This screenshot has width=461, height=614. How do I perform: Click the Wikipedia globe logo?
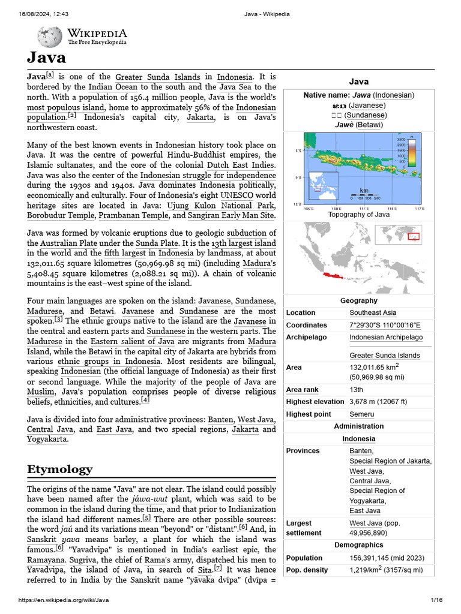[49, 37]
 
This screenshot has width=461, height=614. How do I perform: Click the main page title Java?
[46, 58]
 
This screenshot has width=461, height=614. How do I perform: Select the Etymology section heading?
[59, 469]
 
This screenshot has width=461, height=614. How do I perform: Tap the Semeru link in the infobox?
[361, 414]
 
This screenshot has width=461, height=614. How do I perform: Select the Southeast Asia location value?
[373, 312]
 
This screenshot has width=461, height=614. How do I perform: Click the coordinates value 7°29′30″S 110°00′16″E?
[385, 325]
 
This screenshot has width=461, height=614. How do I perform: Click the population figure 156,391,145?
[372, 558]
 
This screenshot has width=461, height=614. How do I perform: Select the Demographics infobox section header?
[358, 545]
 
